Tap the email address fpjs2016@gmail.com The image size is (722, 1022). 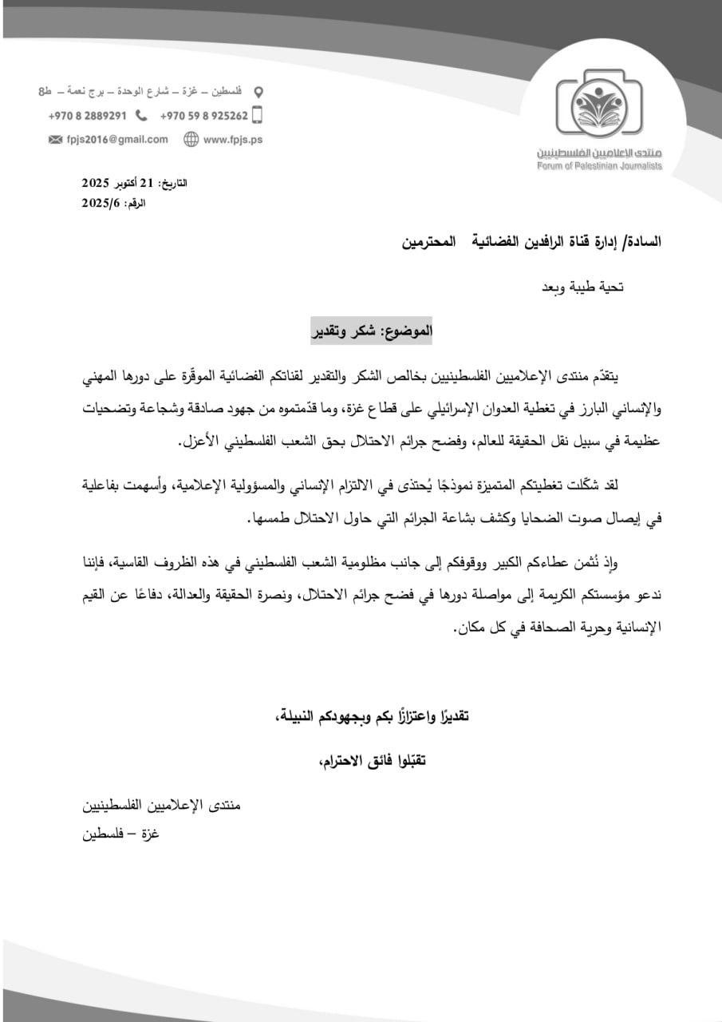pos(117,139)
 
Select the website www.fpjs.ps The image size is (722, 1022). pos(233,139)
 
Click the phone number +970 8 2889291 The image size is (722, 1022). pos(88,115)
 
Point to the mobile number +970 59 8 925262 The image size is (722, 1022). pos(204,115)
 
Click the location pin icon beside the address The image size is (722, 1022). pos(258,92)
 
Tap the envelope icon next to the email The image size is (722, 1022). pos(55,139)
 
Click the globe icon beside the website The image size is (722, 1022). pos(191,139)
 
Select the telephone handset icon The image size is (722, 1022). pos(141,115)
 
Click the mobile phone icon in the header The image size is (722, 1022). pos(257,115)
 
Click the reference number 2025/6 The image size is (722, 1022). pos(100,203)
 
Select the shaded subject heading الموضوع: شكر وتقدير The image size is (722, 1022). pos(371,329)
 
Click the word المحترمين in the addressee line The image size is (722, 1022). pos(438,240)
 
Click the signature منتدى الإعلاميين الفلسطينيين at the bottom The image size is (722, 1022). pos(161,805)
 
